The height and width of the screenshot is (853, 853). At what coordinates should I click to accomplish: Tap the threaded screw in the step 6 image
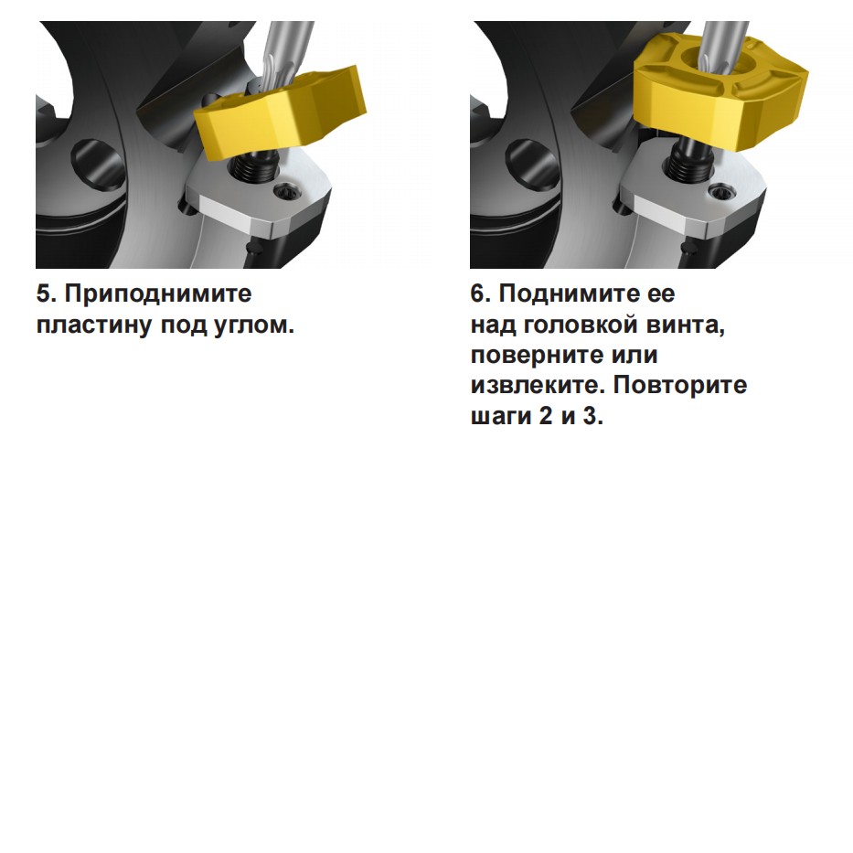(688, 161)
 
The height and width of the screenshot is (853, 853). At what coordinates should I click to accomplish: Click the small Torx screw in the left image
(284, 191)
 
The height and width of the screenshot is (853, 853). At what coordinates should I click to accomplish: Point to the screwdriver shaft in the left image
(285, 55)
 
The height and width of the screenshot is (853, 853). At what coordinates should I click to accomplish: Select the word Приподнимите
(158, 294)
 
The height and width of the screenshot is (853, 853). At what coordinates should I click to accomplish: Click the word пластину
(94, 325)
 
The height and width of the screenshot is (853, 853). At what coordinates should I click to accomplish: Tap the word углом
(254, 325)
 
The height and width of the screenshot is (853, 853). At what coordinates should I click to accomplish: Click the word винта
(686, 325)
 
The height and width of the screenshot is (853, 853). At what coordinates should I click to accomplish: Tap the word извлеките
(538, 386)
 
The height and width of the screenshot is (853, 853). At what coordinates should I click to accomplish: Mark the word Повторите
(680, 386)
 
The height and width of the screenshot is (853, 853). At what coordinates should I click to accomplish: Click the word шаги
(501, 417)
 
